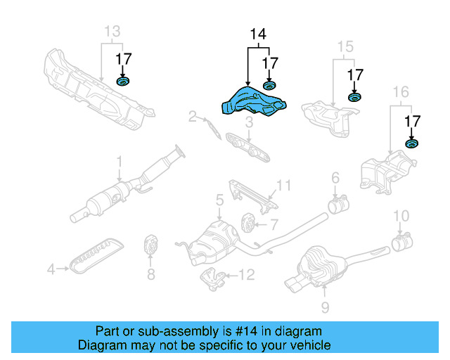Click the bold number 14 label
pyautogui.click(x=258, y=33)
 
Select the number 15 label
pyautogui.click(x=344, y=47)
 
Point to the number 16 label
pyautogui.click(x=399, y=91)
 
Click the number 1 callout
pyautogui.click(x=120, y=161)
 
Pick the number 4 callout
pyautogui.click(x=51, y=268)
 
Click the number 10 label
pyautogui.click(x=400, y=215)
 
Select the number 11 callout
pyautogui.click(x=283, y=185)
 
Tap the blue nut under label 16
pyautogui.click(x=411, y=145)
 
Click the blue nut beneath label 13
pyautogui.click(x=124, y=84)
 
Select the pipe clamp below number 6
pyautogui.click(x=337, y=207)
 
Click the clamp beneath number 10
pyautogui.click(x=401, y=245)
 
